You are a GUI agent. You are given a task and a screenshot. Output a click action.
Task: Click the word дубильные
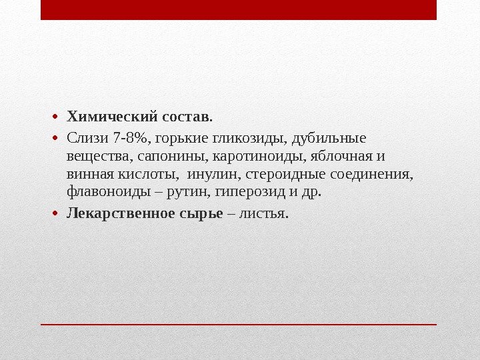tap(330, 139)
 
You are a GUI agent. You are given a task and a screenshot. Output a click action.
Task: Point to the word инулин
tap(215, 175)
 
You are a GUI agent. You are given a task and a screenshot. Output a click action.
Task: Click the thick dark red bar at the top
tap(238, 10)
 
